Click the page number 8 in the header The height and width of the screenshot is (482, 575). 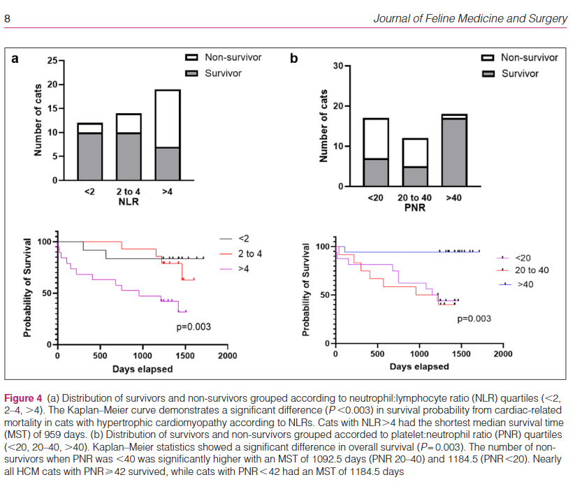[7, 18]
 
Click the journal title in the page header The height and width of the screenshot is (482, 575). [470, 18]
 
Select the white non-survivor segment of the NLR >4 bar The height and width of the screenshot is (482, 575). [167, 118]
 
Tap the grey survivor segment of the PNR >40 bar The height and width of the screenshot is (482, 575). [454, 152]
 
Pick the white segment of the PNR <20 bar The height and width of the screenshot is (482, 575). [376, 138]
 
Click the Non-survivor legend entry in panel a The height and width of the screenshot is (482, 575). [233, 57]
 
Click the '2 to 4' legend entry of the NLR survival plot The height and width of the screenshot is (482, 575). [249, 252]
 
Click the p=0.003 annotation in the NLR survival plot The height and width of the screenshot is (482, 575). [193, 326]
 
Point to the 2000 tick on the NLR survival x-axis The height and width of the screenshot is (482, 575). [228, 355]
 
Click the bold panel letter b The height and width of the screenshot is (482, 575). [294, 58]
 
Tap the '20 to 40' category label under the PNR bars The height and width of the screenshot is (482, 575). [414, 198]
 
